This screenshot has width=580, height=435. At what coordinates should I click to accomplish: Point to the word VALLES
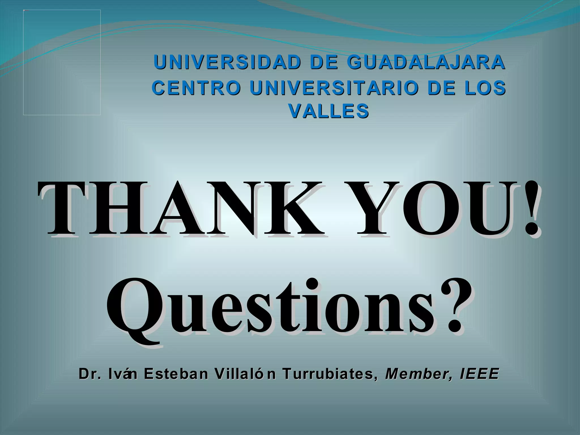tap(329, 110)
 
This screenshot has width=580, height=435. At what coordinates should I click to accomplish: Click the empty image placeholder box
tap(62, 62)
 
